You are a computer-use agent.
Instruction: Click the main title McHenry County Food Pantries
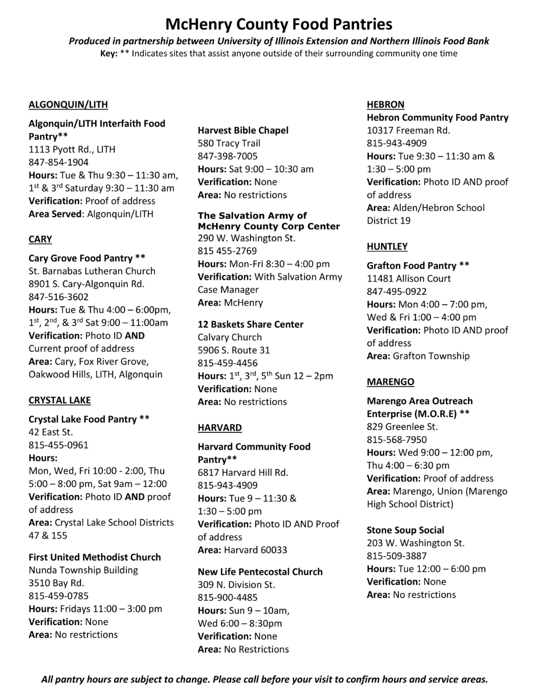pos(279,24)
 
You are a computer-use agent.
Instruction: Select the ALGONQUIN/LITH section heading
pos(68,104)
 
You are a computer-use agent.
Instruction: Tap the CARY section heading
pos(40,239)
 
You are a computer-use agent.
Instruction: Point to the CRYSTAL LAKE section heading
pos(59,400)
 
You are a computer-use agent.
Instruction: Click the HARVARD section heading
pos(220,428)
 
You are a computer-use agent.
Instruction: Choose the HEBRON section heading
pos(385,104)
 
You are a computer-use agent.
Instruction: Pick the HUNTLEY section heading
pos(387,247)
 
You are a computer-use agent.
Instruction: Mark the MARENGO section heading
pos(391,382)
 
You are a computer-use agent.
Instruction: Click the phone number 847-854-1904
pos(58,162)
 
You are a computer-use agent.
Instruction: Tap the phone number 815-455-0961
pos(58,445)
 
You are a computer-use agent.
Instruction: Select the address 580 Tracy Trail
pos(229,143)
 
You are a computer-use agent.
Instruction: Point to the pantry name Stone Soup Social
pos(406,530)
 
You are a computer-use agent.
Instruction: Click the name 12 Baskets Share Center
pos(251,324)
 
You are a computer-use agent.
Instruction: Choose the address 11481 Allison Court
pos(409,279)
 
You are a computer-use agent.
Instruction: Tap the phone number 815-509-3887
pos(397,556)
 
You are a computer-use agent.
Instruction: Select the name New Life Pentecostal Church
pos(260,572)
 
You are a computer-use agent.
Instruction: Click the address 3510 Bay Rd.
pos(56,583)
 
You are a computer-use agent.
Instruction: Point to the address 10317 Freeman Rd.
pos(408,130)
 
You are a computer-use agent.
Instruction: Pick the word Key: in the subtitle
pos(109,54)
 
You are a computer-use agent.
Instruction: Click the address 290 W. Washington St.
pos(246,238)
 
